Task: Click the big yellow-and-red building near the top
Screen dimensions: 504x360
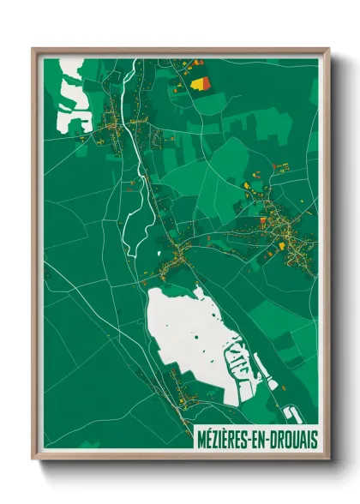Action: pos(202,82)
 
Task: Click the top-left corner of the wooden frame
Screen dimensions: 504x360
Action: pos(33,49)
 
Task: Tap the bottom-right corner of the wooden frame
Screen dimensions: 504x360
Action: pos(328,459)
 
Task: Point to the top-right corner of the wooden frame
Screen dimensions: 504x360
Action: pos(328,49)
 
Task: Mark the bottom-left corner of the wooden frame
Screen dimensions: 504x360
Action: pos(33,459)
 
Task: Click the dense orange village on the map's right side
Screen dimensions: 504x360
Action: pos(287,231)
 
